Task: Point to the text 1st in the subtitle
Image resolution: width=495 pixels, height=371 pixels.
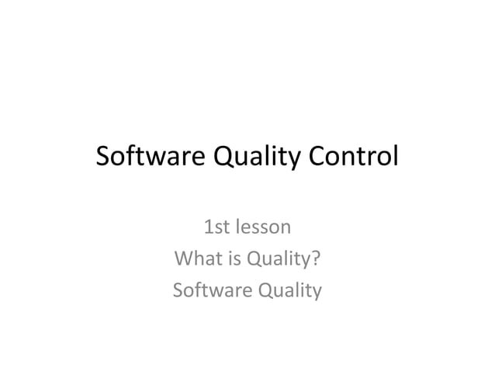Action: tap(215, 228)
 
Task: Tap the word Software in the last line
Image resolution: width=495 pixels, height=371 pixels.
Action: tap(206, 291)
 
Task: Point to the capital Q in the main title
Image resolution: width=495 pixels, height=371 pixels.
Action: tap(223, 158)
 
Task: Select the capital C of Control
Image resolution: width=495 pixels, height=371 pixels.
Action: tap(316, 158)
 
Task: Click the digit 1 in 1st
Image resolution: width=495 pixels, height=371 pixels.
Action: tap(206, 228)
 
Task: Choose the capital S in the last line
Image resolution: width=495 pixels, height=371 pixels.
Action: tap(178, 291)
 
